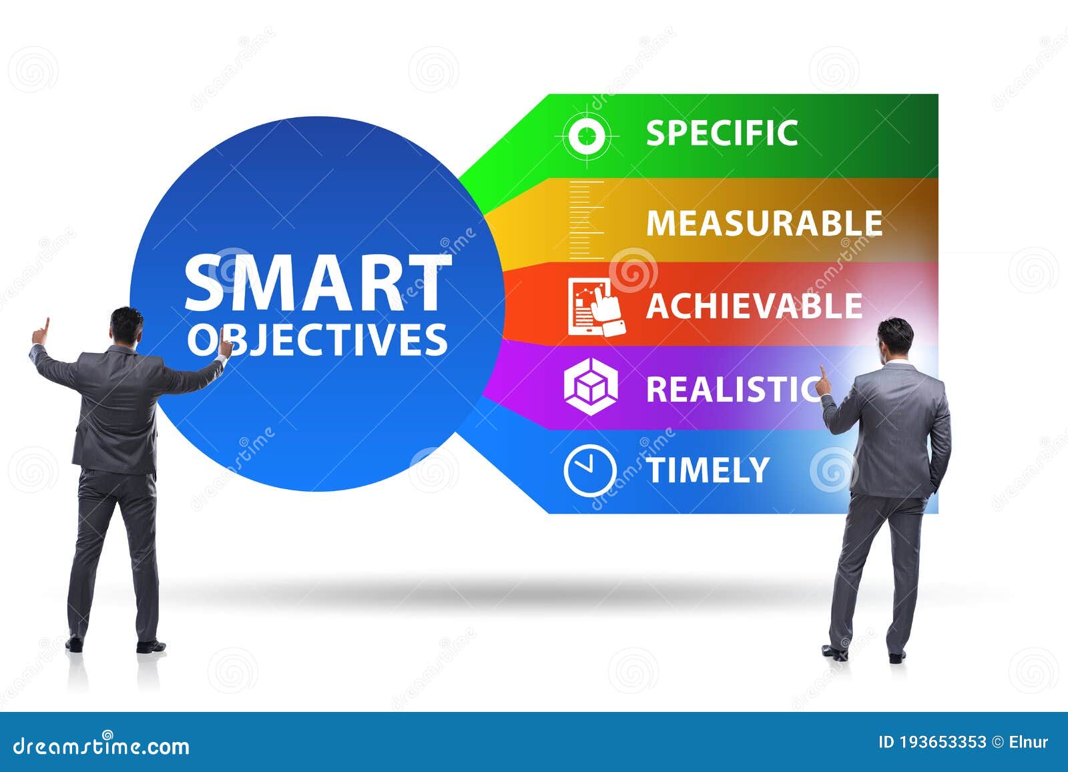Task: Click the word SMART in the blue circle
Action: (x=316, y=284)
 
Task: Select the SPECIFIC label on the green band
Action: (x=722, y=133)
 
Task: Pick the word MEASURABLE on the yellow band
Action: (x=764, y=223)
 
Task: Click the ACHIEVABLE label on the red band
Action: (x=754, y=306)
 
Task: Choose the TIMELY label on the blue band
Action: (x=708, y=470)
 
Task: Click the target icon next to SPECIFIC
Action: (x=587, y=136)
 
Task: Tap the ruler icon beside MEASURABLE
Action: (x=587, y=220)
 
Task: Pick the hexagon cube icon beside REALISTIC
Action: (x=590, y=387)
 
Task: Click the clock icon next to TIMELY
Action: (x=589, y=470)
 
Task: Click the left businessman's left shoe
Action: (x=74, y=645)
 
